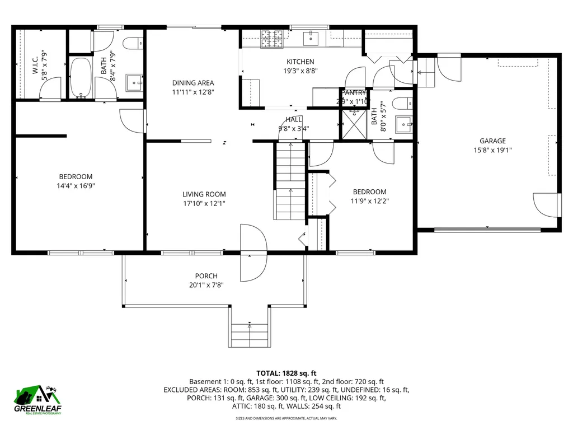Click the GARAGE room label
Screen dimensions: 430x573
[x=492, y=141]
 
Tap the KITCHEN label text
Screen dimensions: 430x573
[x=300, y=62]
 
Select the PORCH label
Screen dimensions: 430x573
[x=206, y=275]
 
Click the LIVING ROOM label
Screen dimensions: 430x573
[x=204, y=194]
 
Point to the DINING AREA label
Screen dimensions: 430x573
[x=192, y=83]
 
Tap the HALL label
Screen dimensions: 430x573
[x=294, y=119]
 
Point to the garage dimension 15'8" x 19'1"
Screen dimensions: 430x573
[x=492, y=150]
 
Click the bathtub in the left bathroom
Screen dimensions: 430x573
[x=81, y=78]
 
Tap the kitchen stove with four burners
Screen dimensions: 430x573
[x=271, y=38]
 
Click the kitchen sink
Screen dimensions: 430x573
[x=311, y=38]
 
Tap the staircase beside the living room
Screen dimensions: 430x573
[x=289, y=181]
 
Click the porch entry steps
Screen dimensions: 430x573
[x=249, y=334]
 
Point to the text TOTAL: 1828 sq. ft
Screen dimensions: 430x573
[x=286, y=373]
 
